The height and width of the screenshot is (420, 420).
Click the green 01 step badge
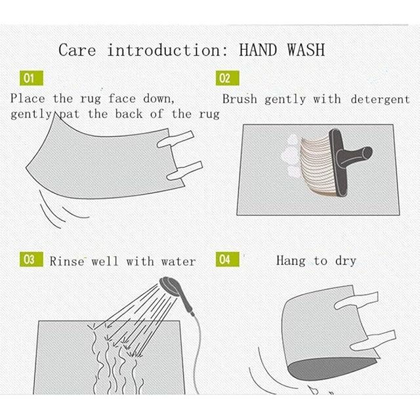tap(31, 78)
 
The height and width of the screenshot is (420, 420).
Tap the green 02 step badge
tap(228, 78)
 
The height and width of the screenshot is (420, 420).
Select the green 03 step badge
tap(31, 259)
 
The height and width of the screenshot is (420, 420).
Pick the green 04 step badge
tap(228, 259)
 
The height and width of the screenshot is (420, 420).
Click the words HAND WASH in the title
tap(282, 50)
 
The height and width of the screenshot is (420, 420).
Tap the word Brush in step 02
tap(240, 99)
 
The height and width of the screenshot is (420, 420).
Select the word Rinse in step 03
tap(67, 261)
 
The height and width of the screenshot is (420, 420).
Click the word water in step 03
tap(178, 262)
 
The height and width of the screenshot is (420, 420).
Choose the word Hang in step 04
tap(291, 261)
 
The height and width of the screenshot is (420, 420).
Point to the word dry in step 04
tap(346, 261)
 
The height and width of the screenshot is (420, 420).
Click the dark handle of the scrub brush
tap(348, 160)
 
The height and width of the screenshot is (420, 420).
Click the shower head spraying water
tap(170, 285)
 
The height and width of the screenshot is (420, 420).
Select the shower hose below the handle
tap(198, 356)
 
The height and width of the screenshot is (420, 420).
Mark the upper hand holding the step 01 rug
tap(175, 138)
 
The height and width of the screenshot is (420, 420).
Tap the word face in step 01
tap(122, 99)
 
